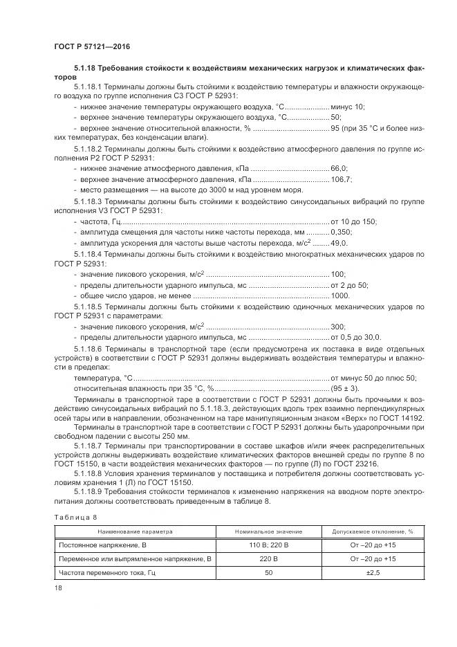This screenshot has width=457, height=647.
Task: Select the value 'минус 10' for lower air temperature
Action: (348, 107)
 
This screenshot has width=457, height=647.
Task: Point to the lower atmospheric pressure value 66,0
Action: (339, 168)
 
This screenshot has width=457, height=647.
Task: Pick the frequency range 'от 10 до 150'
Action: (354, 221)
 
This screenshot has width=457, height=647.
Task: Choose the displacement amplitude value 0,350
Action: (342, 232)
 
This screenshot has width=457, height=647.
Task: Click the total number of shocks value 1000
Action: (340, 295)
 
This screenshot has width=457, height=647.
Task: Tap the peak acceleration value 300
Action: (338, 326)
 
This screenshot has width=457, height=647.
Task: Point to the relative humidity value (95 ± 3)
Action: (348, 389)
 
